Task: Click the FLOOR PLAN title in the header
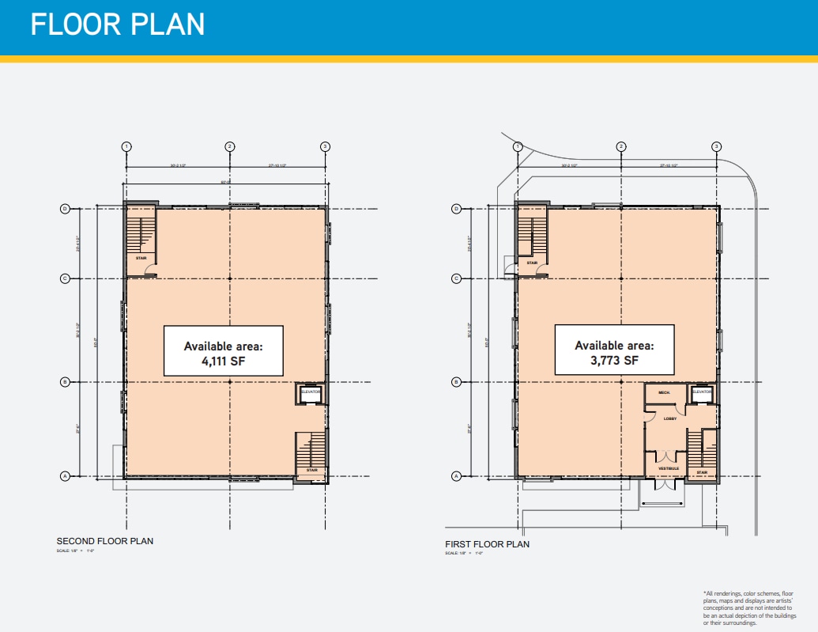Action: pyautogui.click(x=118, y=25)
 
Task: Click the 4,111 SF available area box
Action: pyautogui.click(x=223, y=350)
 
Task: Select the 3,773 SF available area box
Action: pyautogui.click(x=614, y=350)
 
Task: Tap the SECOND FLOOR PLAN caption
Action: pyautogui.click(x=105, y=541)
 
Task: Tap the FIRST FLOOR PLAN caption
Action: pyautogui.click(x=488, y=544)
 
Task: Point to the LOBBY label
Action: pyautogui.click(x=669, y=418)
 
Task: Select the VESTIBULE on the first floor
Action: pyautogui.click(x=669, y=469)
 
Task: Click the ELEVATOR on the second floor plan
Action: pyautogui.click(x=311, y=392)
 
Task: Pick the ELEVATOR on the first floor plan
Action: pyautogui.click(x=703, y=392)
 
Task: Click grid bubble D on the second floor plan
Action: pyautogui.click(x=66, y=209)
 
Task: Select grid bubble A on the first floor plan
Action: pyautogui.click(x=456, y=476)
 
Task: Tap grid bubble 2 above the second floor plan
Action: pyautogui.click(x=230, y=146)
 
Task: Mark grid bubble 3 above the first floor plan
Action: pyautogui.click(x=716, y=146)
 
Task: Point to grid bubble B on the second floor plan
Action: pyautogui.click(x=66, y=382)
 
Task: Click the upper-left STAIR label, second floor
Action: pyautogui.click(x=141, y=258)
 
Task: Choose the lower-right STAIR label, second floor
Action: pyautogui.click(x=311, y=470)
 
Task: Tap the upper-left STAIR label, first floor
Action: pyautogui.click(x=533, y=263)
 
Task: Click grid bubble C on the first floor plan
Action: pyautogui.click(x=456, y=278)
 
